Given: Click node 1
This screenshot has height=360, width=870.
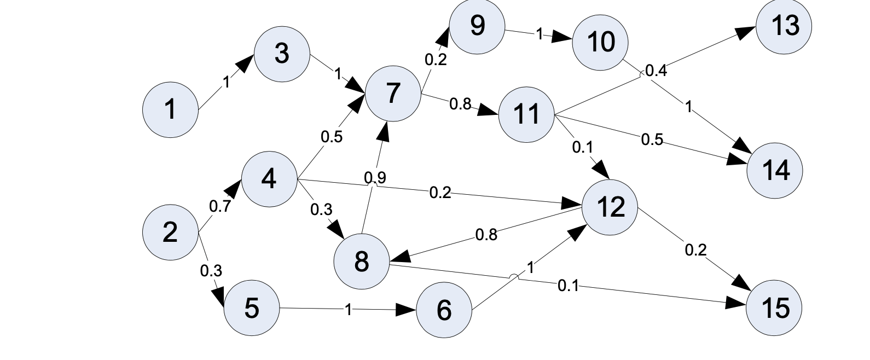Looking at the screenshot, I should tap(170, 109).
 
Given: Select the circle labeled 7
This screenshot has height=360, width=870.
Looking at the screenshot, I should tap(393, 93).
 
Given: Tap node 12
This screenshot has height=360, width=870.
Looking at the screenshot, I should tap(610, 207).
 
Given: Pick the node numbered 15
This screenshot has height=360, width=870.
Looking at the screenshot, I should tap(774, 307).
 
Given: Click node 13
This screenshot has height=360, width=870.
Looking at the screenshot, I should tap(784, 26).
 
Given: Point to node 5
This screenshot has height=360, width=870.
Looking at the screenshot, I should tap(252, 307).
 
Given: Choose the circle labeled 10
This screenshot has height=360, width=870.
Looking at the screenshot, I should tap(600, 42).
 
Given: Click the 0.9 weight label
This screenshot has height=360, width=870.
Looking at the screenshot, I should tap(375, 177).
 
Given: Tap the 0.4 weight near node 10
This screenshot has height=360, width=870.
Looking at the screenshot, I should tap(656, 71).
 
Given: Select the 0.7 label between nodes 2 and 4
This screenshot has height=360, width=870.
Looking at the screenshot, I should tap(220, 206).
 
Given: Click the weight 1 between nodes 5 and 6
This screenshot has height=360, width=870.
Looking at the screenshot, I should tap(349, 310).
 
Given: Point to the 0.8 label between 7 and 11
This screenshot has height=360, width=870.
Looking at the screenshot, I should tap(460, 104).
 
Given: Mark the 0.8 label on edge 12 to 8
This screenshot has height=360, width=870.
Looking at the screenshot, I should tap(486, 235).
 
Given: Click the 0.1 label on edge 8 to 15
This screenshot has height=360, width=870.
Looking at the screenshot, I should tap(568, 285).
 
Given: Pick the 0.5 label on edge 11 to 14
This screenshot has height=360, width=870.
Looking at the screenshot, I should tap(652, 140).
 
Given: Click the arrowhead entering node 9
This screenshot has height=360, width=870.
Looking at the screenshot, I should tap(443, 36).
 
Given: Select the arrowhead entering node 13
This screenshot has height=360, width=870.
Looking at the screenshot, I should tap(745, 32).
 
